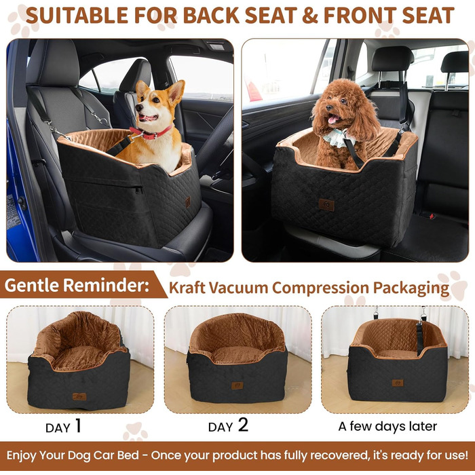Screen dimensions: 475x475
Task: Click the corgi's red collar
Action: tap(151, 133)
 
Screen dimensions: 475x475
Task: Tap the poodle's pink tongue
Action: tap(332, 119)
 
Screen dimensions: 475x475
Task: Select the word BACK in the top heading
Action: tap(212, 15)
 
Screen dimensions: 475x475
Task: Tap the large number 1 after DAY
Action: tap(78, 425)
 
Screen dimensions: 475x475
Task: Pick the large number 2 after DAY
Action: tap(243, 425)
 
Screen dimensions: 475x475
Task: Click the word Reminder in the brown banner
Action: tap(107, 285)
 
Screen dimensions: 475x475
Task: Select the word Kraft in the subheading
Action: tap(187, 287)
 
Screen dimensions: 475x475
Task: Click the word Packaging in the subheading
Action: tap(411, 288)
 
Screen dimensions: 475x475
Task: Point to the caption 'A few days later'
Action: tap(387, 426)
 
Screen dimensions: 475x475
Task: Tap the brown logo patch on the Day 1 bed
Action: tap(79, 396)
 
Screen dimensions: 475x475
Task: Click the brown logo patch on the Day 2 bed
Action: tap(237, 385)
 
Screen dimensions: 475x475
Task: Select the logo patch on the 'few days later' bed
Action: tap(398, 383)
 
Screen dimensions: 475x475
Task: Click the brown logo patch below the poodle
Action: tap(326, 205)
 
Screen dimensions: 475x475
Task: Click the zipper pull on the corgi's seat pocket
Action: tap(138, 189)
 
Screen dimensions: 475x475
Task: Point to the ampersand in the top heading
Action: tap(310, 16)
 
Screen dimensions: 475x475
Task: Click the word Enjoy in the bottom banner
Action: tap(21, 455)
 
